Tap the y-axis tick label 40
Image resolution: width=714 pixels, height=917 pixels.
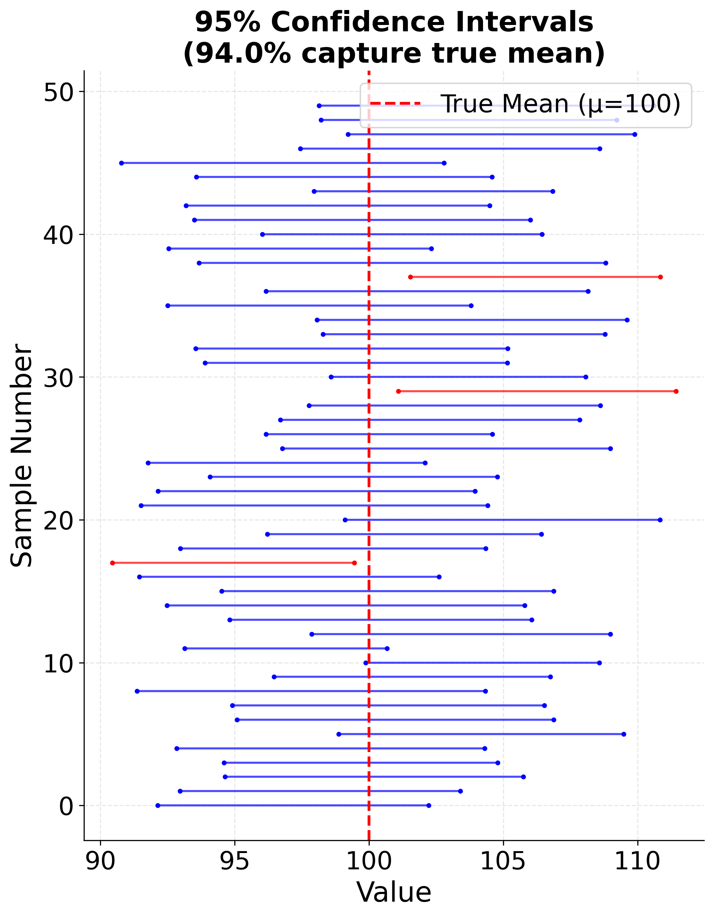click(x=58, y=235)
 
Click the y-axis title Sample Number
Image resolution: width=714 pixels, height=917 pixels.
click(x=22, y=456)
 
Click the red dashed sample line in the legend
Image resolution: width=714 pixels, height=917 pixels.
click(x=395, y=104)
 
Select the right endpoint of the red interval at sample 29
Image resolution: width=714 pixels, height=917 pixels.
click(x=676, y=391)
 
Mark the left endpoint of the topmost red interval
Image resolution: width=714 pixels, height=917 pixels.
click(x=410, y=277)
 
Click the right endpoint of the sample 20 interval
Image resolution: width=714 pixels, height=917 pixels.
click(x=660, y=520)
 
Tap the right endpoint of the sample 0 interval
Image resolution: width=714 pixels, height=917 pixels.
click(x=428, y=805)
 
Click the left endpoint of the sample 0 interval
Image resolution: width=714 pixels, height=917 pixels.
click(x=157, y=805)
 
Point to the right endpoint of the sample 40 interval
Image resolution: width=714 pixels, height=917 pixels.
click(x=542, y=234)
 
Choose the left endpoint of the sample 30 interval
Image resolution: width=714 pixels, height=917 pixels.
click(x=331, y=377)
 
